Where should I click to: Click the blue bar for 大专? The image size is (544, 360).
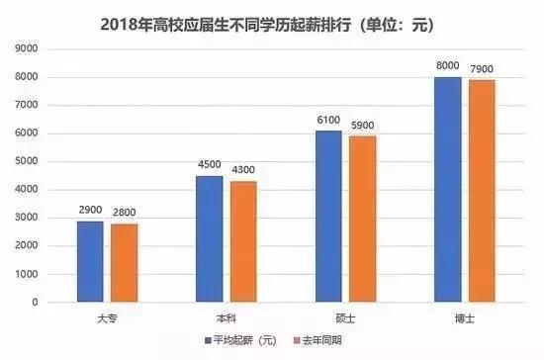pyautogui.click(x=90, y=261)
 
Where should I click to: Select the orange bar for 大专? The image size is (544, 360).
pyautogui.click(x=125, y=263)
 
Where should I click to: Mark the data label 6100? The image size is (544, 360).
pyautogui.click(x=328, y=121)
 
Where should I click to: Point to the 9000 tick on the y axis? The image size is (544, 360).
pyautogui.click(x=25, y=49)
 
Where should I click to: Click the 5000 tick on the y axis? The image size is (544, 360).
pyautogui.click(x=25, y=161)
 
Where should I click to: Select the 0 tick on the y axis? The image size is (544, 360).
pyautogui.click(x=34, y=302)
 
